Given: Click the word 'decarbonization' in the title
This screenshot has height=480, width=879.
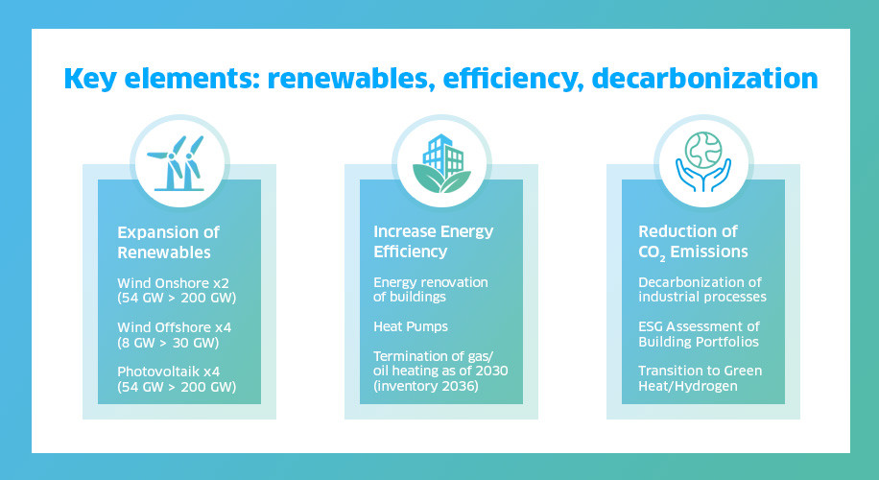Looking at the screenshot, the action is point(704,78).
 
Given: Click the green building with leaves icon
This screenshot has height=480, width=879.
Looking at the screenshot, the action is point(441,163).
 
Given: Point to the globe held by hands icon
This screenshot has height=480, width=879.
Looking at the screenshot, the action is point(703,161).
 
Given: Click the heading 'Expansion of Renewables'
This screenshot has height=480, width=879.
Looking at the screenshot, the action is point(168,242).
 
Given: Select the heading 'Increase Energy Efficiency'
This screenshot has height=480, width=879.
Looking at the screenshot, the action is point(434,242).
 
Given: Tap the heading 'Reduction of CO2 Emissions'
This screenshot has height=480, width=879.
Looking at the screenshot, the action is point(693,242).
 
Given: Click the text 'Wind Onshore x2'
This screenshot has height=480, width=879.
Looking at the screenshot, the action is point(174,283).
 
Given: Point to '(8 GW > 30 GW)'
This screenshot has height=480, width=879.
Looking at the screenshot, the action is point(168,343).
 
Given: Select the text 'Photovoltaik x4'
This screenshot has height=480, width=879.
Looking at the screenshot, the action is point(169,372).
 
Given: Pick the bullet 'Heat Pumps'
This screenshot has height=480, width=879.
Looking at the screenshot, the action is point(411,327).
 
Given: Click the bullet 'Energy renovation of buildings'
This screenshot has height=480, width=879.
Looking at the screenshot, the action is point(431,289).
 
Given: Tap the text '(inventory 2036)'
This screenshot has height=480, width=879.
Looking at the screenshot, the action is point(426,386).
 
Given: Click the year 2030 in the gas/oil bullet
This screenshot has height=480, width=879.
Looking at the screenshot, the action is point(491,371).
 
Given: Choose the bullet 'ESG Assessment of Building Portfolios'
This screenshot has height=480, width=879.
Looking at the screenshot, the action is point(699,334).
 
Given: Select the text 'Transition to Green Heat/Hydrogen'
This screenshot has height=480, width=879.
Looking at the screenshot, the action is point(701,378).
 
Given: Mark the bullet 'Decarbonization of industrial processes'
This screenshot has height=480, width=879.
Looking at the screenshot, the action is point(702,289).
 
